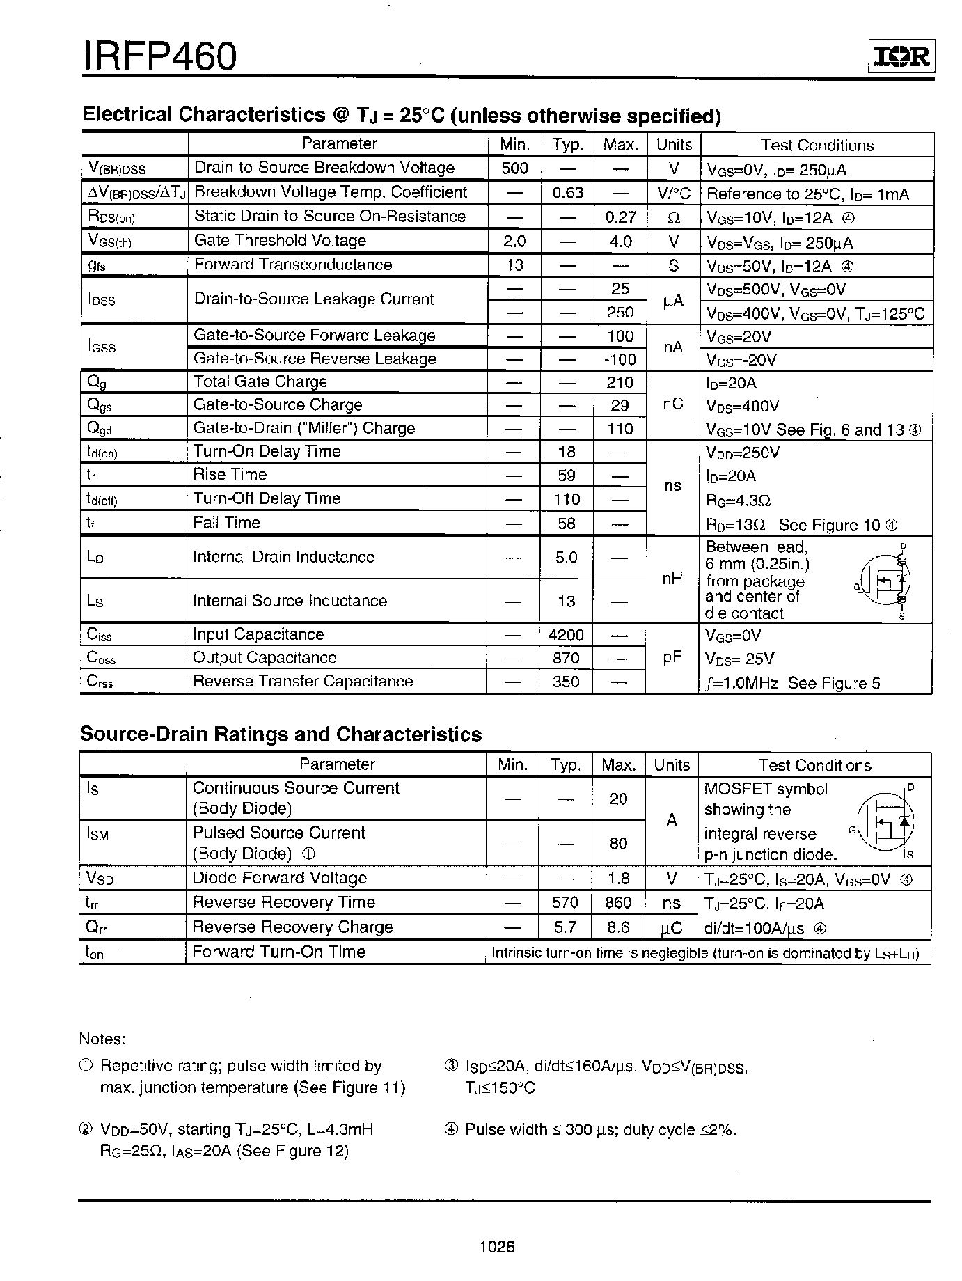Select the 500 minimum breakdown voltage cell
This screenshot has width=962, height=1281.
(x=514, y=168)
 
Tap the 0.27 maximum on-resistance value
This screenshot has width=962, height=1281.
(x=620, y=217)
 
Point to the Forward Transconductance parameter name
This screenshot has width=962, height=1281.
(x=293, y=265)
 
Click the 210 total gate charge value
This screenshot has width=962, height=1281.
(x=620, y=382)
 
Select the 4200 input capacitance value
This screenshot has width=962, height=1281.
(x=566, y=635)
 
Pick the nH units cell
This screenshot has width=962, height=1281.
(x=672, y=579)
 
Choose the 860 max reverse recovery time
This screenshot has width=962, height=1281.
(x=618, y=903)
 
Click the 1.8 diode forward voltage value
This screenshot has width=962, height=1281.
(x=618, y=879)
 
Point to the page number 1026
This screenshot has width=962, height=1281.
(x=497, y=1247)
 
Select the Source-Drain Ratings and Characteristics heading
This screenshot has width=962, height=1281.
(x=281, y=734)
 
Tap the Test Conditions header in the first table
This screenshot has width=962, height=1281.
(x=817, y=146)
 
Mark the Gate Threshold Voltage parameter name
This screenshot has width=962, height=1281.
(x=280, y=241)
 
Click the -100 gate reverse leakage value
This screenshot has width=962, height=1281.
(x=620, y=359)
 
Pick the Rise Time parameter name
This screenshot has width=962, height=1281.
(x=230, y=475)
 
